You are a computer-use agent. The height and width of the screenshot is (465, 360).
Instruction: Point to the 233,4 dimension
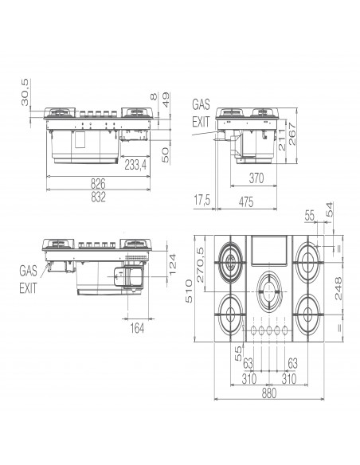[135, 165]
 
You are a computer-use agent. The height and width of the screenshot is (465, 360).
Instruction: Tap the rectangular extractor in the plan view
[268, 251]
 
